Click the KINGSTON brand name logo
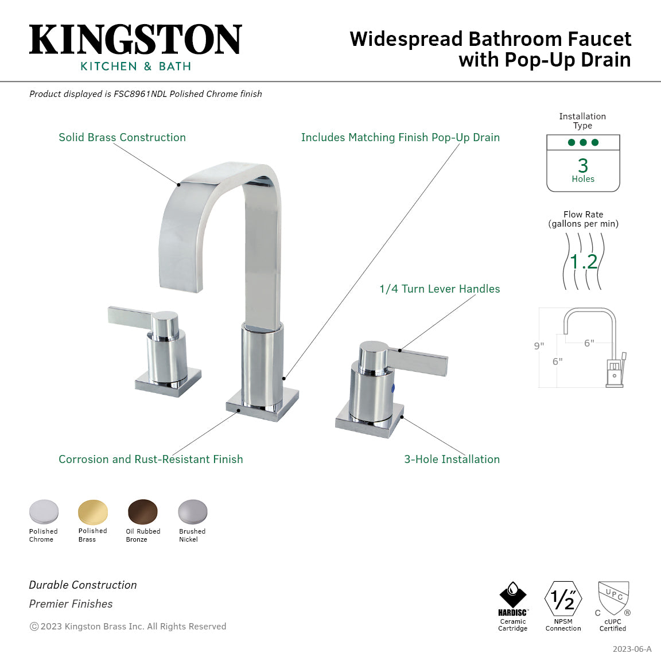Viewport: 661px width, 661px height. point(135,39)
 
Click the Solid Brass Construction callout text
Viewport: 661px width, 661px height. point(122,138)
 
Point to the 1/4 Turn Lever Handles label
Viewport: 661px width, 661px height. point(440,289)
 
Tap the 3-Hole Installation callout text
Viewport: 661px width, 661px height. point(452,459)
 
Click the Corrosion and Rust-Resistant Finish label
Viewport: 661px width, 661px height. point(151,459)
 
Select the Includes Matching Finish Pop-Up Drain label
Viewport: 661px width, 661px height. point(401,138)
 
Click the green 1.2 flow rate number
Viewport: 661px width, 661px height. point(584,262)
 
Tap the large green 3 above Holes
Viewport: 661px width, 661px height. point(583,165)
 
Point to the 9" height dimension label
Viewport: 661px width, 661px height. point(539,346)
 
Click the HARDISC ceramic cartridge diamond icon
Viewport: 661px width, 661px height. point(512,594)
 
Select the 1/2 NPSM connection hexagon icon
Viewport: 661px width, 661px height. point(563,598)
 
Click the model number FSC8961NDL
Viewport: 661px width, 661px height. point(141,94)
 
